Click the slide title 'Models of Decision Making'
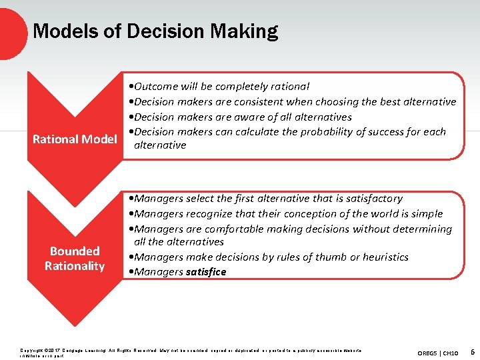pyautogui.click(x=155, y=31)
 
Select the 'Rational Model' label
pyautogui.click(x=75, y=139)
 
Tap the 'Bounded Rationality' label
pyautogui.click(x=75, y=259)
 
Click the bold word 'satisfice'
pyautogui.click(x=206, y=272)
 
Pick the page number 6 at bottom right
pyautogui.click(x=472, y=351)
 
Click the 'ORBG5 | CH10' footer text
pyautogui.click(x=437, y=352)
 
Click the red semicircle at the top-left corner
pyautogui.click(x=11, y=30)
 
